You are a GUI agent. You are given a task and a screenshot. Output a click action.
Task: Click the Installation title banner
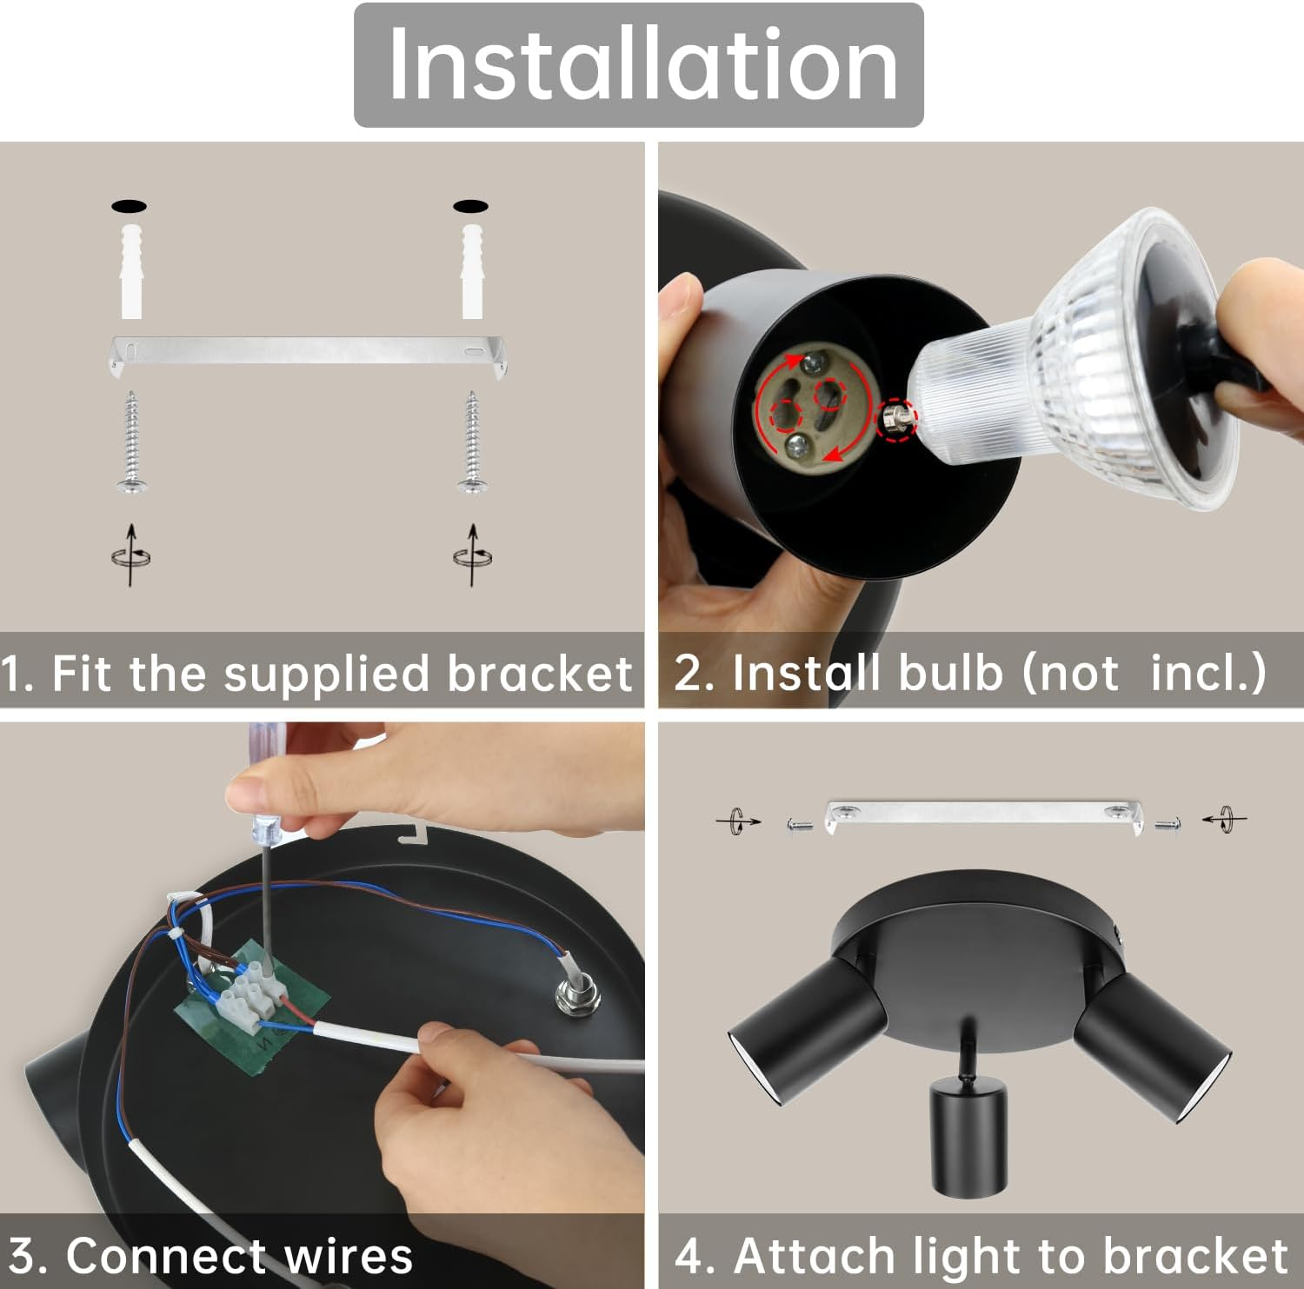point(638,65)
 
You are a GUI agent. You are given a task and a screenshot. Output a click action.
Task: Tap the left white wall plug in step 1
point(131,270)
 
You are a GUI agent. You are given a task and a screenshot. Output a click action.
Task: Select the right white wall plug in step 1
point(472,270)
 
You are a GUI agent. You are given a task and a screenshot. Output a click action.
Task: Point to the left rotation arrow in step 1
point(131,555)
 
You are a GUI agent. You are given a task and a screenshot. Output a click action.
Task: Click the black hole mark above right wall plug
point(470,206)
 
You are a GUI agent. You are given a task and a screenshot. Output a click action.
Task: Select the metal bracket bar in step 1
point(309,351)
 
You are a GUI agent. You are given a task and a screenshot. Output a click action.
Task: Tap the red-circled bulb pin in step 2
point(896,420)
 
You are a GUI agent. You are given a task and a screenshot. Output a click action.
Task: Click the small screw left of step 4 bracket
point(799,824)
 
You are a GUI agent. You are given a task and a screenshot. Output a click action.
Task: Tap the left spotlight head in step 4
point(804,1030)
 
